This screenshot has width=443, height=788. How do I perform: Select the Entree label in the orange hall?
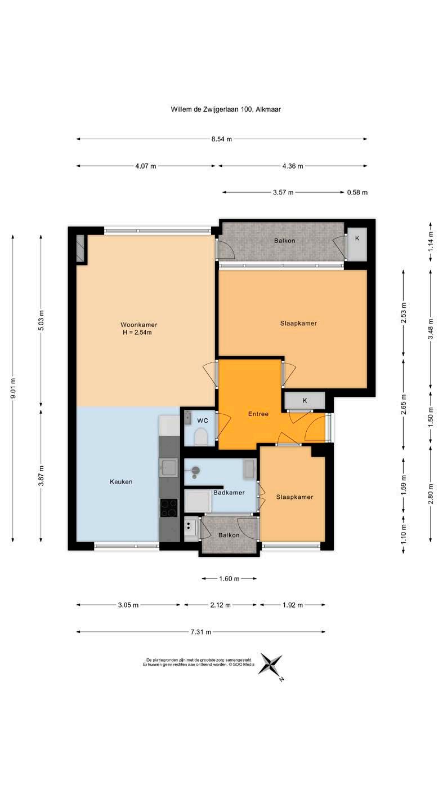pyautogui.click(x=253, y=405)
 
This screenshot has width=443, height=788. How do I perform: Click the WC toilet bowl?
pyautogui.click(x=196, y=427)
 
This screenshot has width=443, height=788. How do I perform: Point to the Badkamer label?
pyautogui.click(x=224, y=482)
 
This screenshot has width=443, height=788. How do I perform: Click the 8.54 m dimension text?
pyautogui.click(x=217, y=136)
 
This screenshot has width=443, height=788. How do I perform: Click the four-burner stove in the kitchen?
pyautogui.click(x=165, y=497)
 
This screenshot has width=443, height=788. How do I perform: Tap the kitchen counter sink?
pyautogui.click(x=165, y=458)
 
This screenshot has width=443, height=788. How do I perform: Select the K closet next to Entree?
pyautogui.click(x=298, y=392)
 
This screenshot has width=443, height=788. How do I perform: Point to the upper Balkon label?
pyautogui.click(x=279, y=236)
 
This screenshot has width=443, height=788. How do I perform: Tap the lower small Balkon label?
pyautogui.click(x=224, y=524)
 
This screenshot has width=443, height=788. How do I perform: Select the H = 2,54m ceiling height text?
pyautogui.click(x=135, y=326)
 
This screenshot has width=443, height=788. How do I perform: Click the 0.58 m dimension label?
pyautogui.click(x=350, y=189)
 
